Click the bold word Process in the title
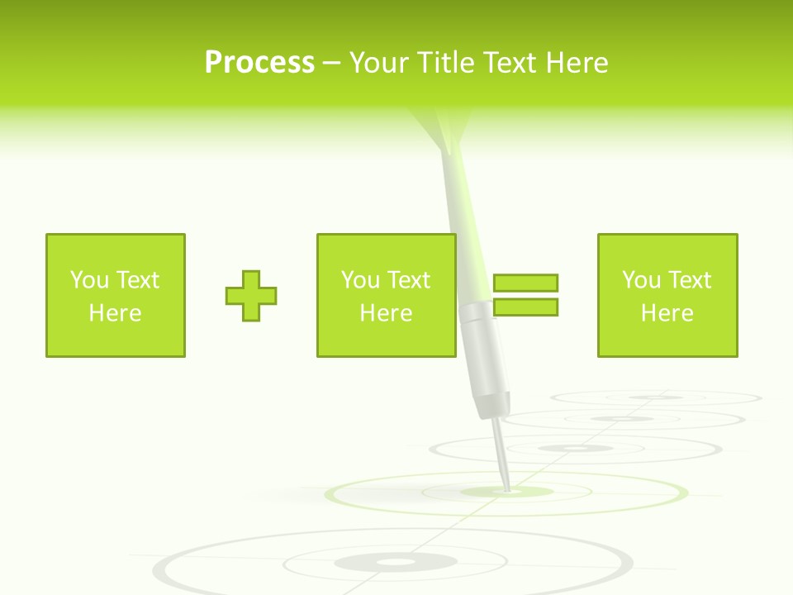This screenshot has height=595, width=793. click(x=259, y=63)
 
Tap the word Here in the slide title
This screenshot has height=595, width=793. click(x=577, y=63)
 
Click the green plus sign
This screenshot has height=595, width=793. click(x=251, y=295)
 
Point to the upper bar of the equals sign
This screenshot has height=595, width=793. click(x=525, y=283)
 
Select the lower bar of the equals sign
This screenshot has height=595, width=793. click(x=525, y=307)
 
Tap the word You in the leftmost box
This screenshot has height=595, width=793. click(x=88, y=280)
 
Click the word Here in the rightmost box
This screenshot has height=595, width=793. click(x=667, y=313)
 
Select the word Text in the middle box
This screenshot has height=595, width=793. click(x=409, y=280)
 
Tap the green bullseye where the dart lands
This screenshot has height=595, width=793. click(x=506, y=492)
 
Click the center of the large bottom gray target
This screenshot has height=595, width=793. click(x=395, y=563)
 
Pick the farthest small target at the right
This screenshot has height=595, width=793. click(x=657, y=397)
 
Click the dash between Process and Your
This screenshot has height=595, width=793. click(x=332, y=63)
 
